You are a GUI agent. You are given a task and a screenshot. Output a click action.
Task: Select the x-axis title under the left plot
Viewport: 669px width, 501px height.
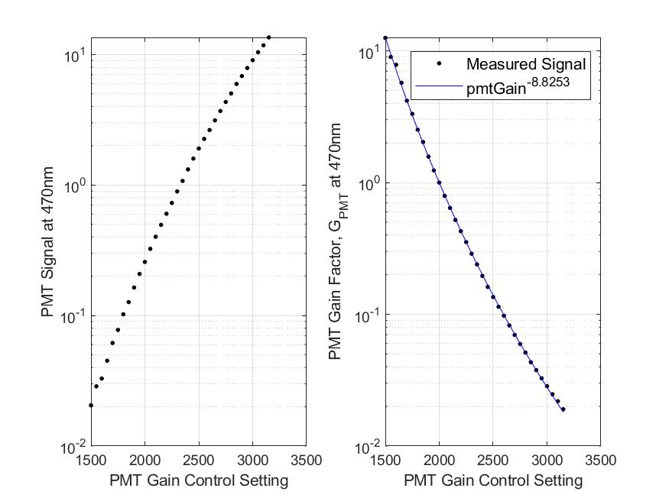(199, 480)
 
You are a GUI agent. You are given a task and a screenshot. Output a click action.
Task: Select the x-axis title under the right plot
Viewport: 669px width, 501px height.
(493, 480)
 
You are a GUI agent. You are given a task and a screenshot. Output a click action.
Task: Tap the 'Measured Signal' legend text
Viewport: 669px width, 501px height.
(526, 64)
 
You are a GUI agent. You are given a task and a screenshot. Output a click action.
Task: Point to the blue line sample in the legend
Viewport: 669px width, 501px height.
(438, 88)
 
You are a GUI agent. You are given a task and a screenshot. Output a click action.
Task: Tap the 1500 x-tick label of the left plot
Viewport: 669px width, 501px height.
(91, 460)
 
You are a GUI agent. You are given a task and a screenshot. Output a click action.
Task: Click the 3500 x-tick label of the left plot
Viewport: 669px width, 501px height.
(307, 460)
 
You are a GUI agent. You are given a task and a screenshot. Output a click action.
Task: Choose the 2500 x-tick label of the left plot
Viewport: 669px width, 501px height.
(199, 460)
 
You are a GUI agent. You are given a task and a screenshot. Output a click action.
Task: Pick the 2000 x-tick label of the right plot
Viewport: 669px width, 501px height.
(439, 460)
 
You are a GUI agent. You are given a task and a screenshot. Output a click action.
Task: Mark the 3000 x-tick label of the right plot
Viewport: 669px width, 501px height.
(547, 460)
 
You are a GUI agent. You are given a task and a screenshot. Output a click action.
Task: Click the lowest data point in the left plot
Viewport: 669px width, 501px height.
(91, 406)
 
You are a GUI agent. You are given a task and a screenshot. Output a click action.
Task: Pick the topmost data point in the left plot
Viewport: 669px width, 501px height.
(268, 37)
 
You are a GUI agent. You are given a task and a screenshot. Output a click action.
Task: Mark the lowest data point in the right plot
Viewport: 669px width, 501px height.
(563, 409)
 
